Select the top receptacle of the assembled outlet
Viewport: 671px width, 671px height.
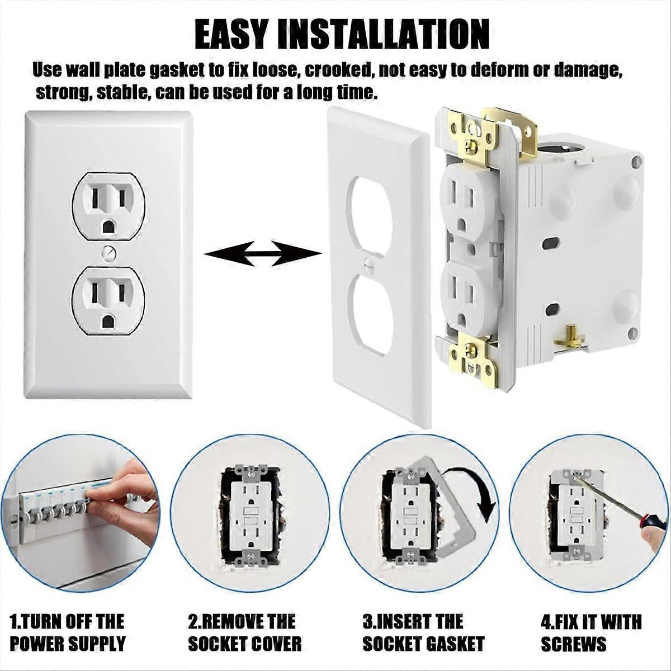(109, 207)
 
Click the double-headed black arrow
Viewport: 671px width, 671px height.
(263, 254)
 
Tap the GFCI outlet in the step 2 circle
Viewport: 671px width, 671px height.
(248, 514)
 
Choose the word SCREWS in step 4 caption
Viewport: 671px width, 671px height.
(574, 644)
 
